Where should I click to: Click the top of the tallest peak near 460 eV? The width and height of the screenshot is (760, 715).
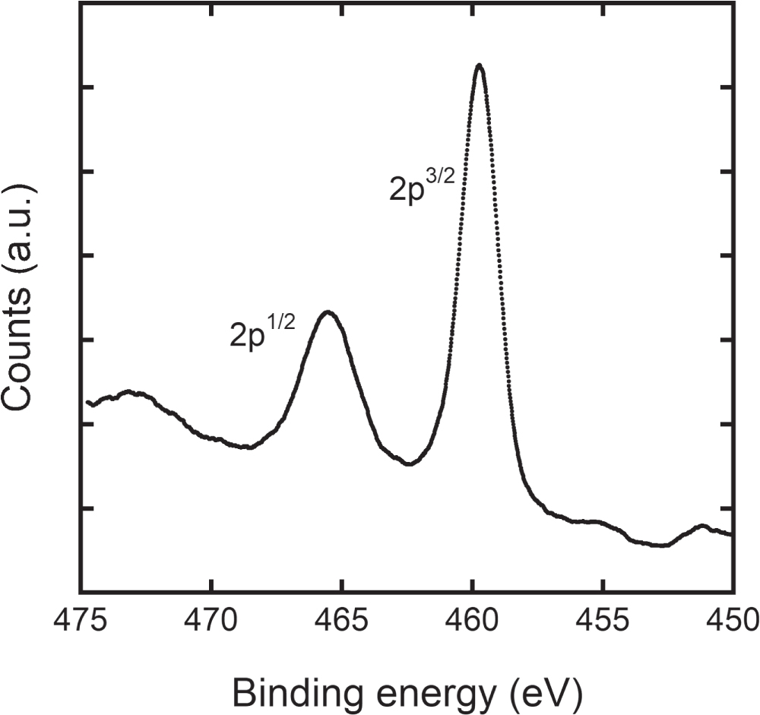coord(479,65)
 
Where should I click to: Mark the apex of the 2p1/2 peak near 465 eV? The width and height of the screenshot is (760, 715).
coord(328,312)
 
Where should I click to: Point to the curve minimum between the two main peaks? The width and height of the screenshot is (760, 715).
coord(410,463)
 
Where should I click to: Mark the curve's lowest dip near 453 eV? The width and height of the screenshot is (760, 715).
coord(661,545)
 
